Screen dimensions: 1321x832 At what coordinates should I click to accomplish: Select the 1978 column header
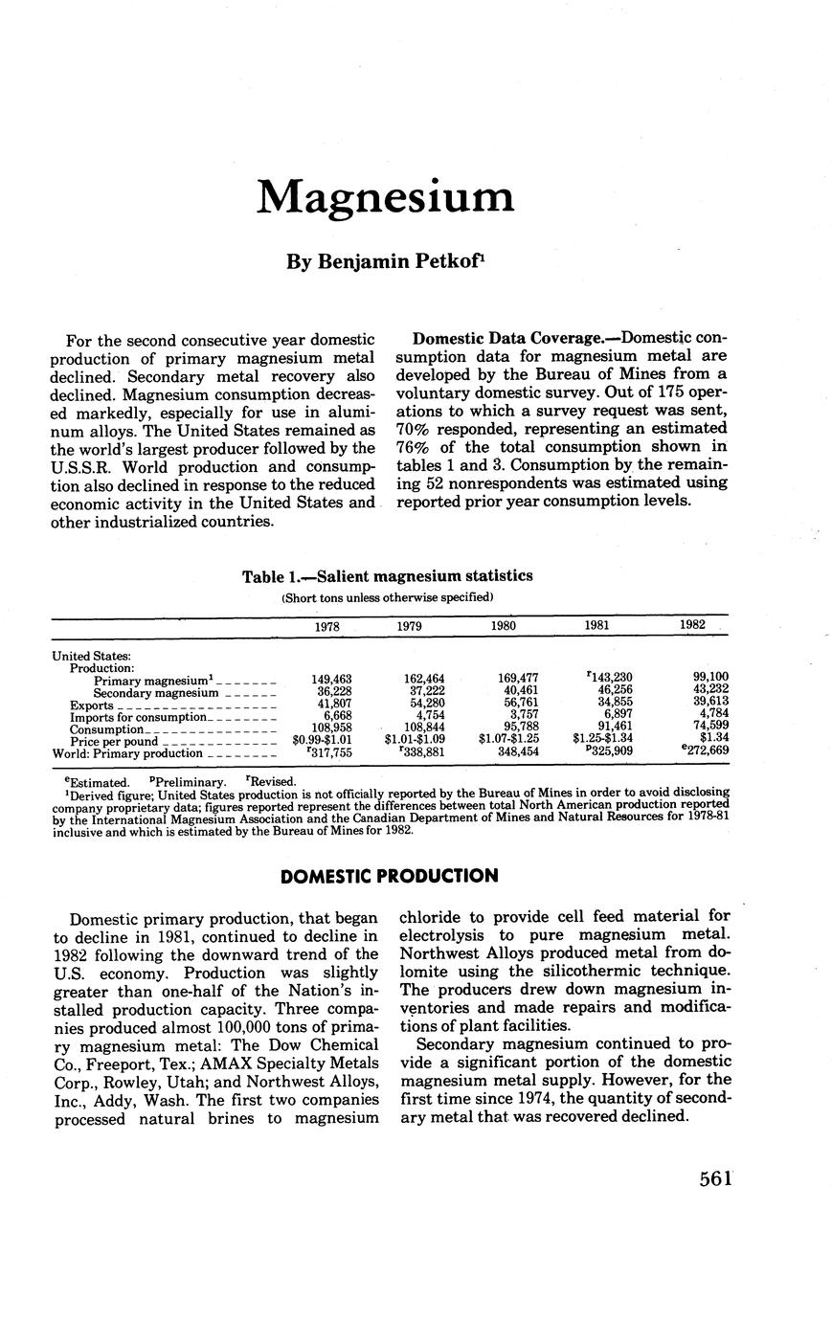pyautogui.click(x=326, y=625)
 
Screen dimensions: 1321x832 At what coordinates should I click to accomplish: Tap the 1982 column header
pyautogui.click(x=692, y=624)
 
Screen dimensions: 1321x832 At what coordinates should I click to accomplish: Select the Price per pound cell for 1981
pyautogui.click(x=602, y=740)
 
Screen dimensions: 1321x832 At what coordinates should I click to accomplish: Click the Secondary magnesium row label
pyautogui.click(x=155, y=691)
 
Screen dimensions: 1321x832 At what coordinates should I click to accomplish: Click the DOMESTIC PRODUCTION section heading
pyautogui.click(x=389, y=876)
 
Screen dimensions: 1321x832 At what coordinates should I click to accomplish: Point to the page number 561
pyautogui.click(x=715, y=1178)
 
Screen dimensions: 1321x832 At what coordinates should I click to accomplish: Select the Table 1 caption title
pyautogui.click(x=388, y=576)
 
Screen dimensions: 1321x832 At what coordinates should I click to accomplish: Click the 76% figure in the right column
pyautogui.click(x=413, y=447)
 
